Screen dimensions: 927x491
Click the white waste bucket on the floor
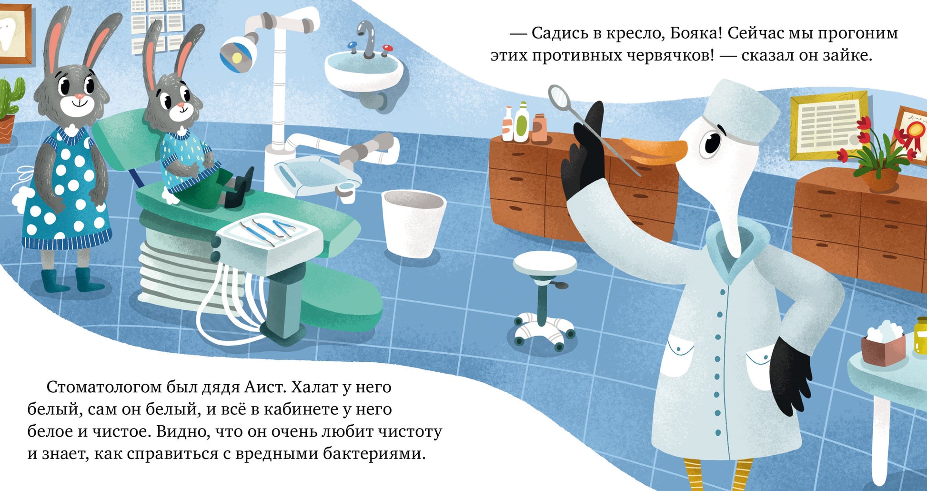pos(413,223)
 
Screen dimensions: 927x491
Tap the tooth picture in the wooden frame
pos(15,33)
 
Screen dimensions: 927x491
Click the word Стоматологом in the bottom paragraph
pos(104,387)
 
